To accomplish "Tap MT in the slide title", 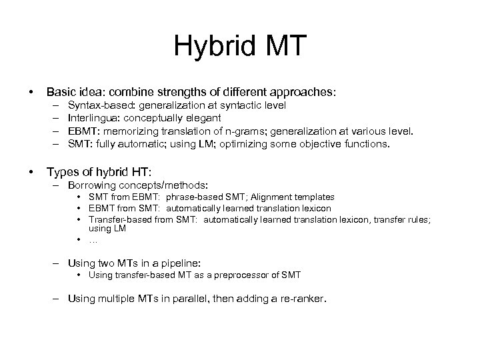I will click(285, 46).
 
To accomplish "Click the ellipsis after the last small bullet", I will click(93, 239).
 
